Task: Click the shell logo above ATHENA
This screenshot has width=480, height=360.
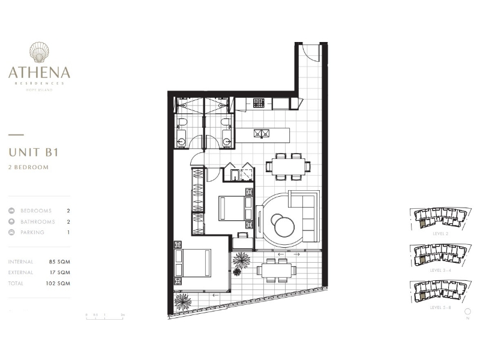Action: click(x=39, y=53)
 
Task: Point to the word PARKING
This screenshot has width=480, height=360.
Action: click(x=32, y=232)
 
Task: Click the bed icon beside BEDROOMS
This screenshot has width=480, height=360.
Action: click(x=12, y=211)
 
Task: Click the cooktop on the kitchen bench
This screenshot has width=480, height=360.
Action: click(x=259, y=103)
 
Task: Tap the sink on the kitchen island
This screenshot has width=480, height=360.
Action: click(x=262, y=133)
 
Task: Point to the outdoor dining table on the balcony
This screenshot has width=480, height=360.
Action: click(x=279, y=271)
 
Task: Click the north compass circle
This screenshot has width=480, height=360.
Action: click(x=467, y=311)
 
